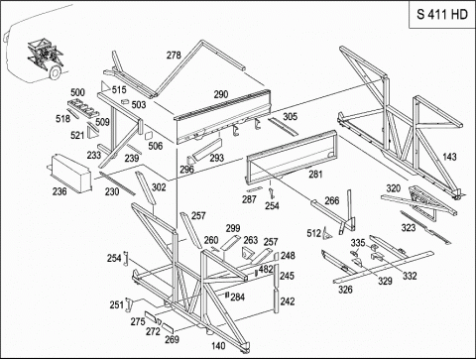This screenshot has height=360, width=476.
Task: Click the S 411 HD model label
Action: click(x=442, y=15)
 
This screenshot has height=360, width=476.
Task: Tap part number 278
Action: click(x=174, y=55)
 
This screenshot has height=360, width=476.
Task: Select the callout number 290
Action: click(x=221, y=94)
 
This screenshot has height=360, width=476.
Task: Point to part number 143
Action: click(x=449, y=157)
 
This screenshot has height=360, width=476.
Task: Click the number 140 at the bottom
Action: click(x=218, y=346)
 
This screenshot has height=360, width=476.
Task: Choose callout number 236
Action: click(x=59, y=191)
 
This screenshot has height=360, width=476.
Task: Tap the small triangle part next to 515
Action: click(x=105, y=86)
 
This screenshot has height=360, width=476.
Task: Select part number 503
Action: click(x=139, y=105)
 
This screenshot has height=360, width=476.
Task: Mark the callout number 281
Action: click(x=315, y=175)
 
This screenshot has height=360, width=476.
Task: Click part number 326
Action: click(x=345, y=290)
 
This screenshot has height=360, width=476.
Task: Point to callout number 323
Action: click(x=409, y=228)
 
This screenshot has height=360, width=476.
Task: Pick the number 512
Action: click(x=313, y=233)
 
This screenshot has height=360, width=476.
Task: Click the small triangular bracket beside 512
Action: click(x=327, y=234)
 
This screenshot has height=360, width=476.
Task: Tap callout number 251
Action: click(x=116, y=304)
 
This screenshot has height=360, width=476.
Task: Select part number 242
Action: click(x=288, y=301)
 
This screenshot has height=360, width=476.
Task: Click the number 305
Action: click(x=290, y=117)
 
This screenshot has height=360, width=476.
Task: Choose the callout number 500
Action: click(x=77, y=92)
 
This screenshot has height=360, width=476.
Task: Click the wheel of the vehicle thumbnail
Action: click(x=56, y=73)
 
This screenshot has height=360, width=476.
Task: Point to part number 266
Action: click(x=332, y=200)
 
